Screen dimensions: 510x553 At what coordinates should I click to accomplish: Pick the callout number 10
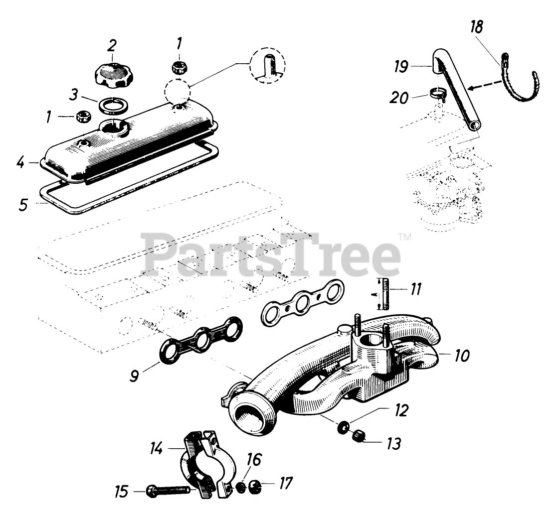point(462,356)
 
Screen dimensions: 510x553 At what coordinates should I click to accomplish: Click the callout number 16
point(253,460)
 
